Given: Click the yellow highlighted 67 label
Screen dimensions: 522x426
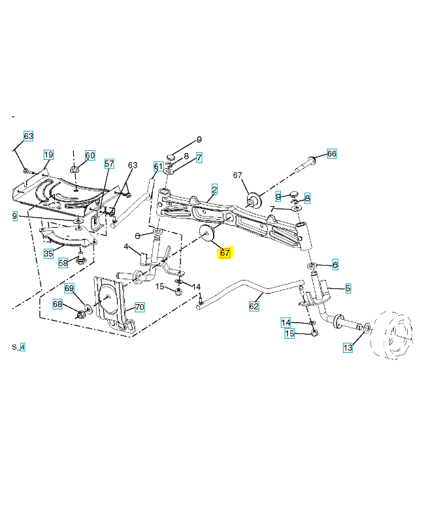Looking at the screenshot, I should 225,253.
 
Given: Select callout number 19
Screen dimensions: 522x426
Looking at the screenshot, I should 48,155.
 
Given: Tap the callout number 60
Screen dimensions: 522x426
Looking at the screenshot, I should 90,155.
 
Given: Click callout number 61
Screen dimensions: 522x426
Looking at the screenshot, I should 158,166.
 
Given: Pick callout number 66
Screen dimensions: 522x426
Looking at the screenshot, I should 331,153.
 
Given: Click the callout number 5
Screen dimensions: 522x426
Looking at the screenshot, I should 348,287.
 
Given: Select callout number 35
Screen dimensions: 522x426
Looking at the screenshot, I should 48,253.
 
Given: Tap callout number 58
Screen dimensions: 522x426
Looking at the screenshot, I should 63,263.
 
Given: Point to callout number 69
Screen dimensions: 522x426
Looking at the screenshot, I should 69,288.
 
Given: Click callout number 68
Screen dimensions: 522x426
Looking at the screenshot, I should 57,304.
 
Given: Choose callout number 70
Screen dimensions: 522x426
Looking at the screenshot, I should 139,307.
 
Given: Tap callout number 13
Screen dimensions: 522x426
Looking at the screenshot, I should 348,348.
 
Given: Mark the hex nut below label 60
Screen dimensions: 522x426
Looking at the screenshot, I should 75,171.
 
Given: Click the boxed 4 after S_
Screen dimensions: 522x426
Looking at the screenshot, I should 22,347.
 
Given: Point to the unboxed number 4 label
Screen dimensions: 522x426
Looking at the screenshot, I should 126,247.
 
